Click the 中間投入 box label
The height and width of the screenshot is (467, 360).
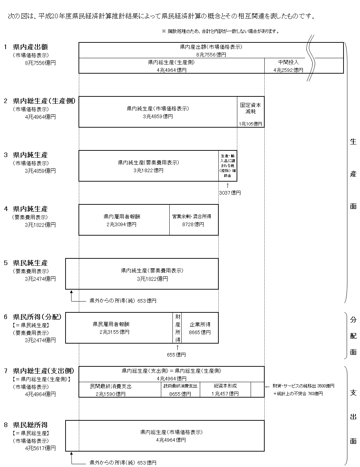click(288, 62)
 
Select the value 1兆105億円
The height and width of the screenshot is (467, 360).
click(250, 124)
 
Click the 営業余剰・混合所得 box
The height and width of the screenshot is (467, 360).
click(193, 220)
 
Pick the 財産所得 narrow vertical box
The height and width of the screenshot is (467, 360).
click(178, 328)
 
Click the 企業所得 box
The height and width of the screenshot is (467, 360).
click(200, 328)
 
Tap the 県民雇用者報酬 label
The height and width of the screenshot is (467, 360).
click(111, 324)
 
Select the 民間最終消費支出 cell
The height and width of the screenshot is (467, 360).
click(111, 390)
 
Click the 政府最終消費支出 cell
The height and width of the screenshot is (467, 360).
click(180, 390)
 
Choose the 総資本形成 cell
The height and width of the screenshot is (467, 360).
click(225, 390)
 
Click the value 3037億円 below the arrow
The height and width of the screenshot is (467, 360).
click(230, 193)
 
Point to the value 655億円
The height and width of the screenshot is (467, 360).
click(176, 355)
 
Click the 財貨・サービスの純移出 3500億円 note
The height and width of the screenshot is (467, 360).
click(303, 386)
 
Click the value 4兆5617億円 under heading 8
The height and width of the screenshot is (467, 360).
click(40, 448)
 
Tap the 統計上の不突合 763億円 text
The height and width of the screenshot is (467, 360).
click(298, 394)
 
